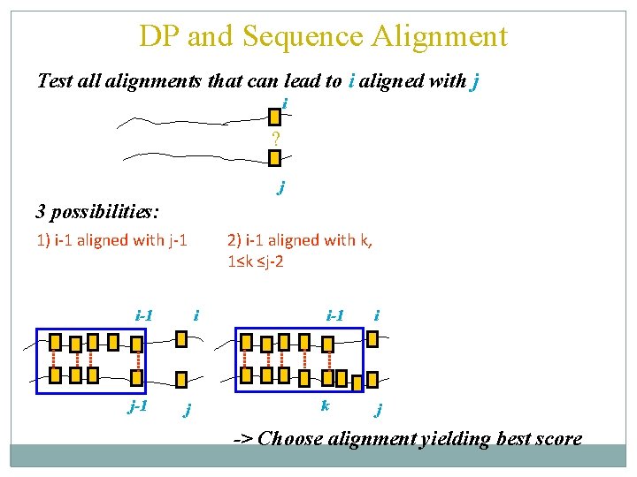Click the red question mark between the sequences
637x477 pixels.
pos(276,139)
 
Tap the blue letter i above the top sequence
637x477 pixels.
pos(285,104)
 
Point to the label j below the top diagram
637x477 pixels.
pos(281,186)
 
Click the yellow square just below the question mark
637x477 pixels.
pos(274,157)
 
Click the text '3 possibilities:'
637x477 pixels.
pos(97,212)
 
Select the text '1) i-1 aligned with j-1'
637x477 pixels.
pos(111,239)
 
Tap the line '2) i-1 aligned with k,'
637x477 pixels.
pos(300,239)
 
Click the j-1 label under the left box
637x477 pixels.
pos(137,407)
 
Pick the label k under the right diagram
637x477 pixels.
pos(326,405)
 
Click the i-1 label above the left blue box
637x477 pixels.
pos(144,314)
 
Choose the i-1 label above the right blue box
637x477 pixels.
pos(335,314)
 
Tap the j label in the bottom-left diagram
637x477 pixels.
pos(188,409)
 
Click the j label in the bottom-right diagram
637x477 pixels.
pos(379,409)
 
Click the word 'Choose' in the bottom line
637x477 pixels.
pos(291,438)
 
